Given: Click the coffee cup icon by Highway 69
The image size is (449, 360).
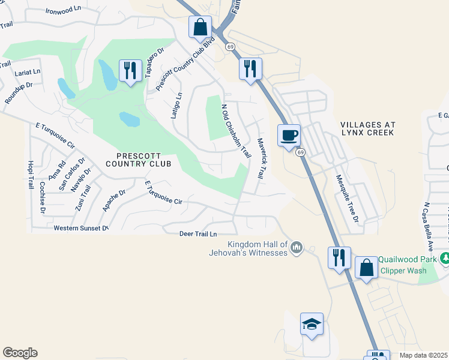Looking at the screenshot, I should [x=289, y=135].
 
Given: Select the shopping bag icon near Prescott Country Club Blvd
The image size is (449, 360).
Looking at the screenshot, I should [x=200, y=26].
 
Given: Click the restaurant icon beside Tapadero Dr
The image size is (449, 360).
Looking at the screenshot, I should [x=129, y=70].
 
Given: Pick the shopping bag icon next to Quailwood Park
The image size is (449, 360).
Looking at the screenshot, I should [x=366, y=267].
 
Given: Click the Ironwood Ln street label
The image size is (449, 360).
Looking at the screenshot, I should [x=63, y=10].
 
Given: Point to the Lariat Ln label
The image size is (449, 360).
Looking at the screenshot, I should [x=28, y=71].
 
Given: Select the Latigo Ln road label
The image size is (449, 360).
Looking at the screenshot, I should [x=177, y=106].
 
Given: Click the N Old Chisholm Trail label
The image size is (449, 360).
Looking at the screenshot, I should [x=236, y=131].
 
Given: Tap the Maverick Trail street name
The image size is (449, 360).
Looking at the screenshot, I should [x=261, y=158].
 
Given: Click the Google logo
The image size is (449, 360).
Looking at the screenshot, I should [x=20, y=353].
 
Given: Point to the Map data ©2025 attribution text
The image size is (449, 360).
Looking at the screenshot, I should [x=423, y=355].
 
